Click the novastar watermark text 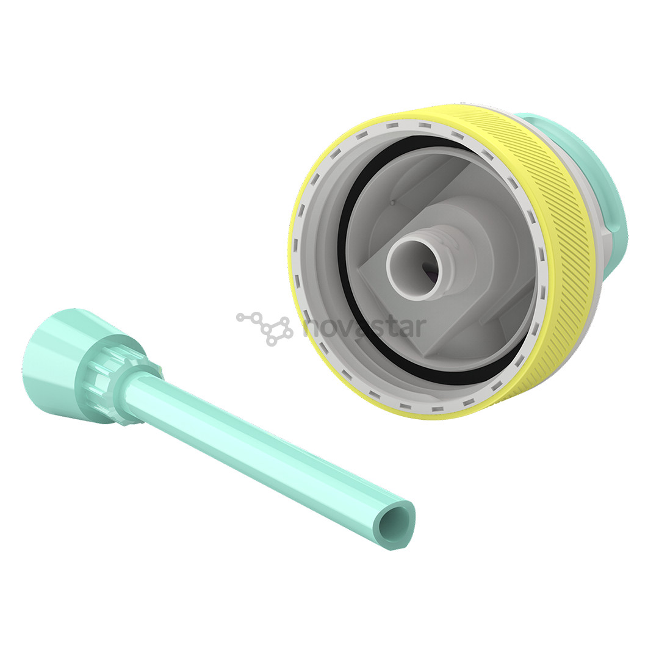point(364,326)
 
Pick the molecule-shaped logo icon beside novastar point(265,328)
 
